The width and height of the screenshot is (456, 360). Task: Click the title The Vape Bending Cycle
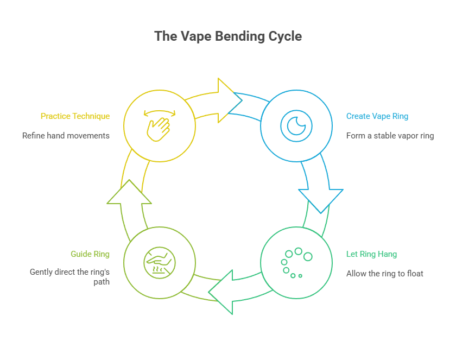228,36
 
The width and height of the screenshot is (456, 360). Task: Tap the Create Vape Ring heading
377,116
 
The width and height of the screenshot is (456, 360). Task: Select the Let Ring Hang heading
371,254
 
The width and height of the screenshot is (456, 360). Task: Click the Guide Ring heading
90,254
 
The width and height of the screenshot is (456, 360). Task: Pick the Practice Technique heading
75,116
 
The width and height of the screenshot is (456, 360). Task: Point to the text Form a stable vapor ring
390,136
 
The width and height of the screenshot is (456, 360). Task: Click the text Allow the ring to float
384,274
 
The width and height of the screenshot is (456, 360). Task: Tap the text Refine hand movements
66,136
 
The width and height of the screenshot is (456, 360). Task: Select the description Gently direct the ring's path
69,277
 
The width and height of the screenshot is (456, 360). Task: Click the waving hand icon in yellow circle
159,129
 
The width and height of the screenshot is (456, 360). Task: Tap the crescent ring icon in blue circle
296,126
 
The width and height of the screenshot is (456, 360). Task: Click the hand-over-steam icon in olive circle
159,263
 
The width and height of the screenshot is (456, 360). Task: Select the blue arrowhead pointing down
321,199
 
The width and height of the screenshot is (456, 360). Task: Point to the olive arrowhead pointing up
129,193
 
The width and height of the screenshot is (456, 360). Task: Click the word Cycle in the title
284,36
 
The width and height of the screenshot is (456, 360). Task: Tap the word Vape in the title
194,36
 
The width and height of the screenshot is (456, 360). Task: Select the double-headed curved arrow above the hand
159,113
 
